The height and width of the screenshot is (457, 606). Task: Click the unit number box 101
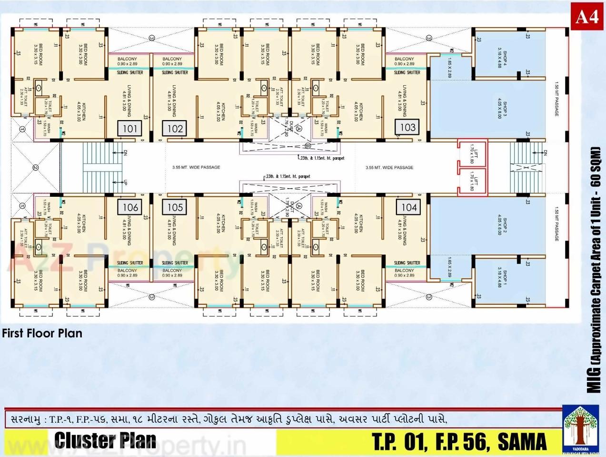(130, 128)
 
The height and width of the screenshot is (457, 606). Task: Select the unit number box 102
(175, 128)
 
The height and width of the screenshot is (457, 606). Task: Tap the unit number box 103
(408, 127)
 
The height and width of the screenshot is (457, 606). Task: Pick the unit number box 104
(409, 207)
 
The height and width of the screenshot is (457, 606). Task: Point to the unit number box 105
(175, 207)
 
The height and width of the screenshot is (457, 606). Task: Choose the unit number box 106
(130, 207)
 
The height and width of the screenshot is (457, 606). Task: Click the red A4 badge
(586, 17)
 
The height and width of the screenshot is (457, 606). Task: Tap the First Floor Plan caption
(42, 333)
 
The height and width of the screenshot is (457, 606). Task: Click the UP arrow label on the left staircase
(125, 182)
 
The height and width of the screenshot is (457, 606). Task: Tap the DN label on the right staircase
(545, 152)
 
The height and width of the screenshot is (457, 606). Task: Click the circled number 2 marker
(35, 167)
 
